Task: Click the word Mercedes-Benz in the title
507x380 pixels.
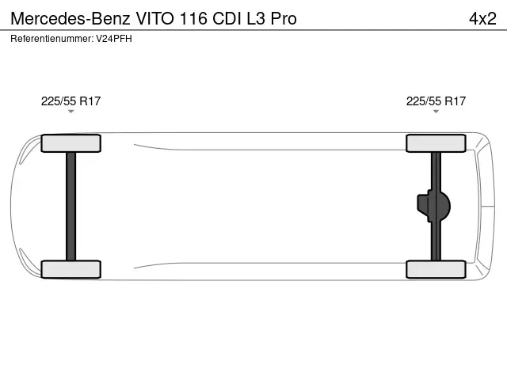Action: [x=64, y=18]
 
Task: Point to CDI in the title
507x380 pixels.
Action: [x=231, y=18]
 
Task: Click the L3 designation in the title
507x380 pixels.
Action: [x=260, y=18]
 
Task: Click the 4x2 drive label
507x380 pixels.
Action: [x=482, y=18]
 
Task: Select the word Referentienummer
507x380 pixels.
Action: [x=49, y=39]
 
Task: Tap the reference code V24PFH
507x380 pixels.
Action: [x=112, y=39]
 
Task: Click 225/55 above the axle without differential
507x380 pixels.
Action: [x=56, y=101]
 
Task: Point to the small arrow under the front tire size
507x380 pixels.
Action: [x=71, y=112]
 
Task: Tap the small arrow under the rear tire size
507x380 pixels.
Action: [x=436, y=112]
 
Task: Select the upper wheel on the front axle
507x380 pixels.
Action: [x=71, y=143]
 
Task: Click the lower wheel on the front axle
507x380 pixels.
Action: [x=71, y=269]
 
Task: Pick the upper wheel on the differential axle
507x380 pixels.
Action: [x=436, y=143]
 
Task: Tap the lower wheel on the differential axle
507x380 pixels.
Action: [x=436, y=269]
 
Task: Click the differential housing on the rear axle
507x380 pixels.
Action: [x=435, y=206]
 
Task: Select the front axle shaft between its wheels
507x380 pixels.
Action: [x=71, y=206]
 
